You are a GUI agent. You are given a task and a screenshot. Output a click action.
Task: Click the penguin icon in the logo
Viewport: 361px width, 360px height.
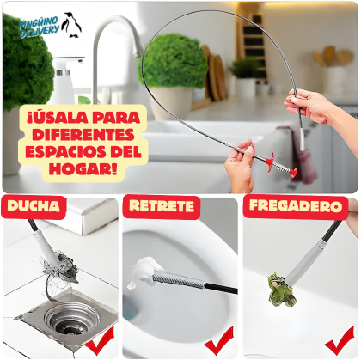[x=71, y=23]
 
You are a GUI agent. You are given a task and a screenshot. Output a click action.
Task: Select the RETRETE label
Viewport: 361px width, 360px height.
[x=162, y=207]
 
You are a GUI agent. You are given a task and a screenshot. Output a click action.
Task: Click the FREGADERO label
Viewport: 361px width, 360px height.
[x=295, y=206]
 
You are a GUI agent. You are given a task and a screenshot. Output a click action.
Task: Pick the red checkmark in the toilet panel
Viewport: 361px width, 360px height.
[x=218, y=342]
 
